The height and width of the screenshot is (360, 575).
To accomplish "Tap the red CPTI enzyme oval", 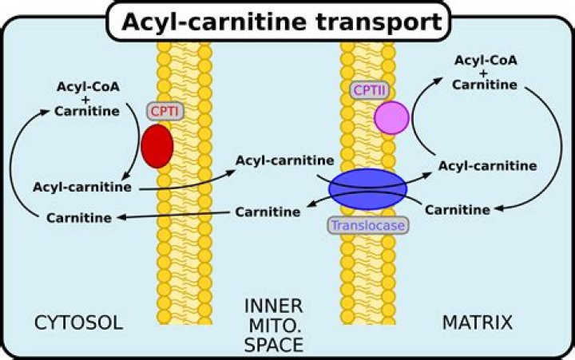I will (x=157, y=145).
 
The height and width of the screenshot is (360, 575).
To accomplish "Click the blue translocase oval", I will (x=367, y=188).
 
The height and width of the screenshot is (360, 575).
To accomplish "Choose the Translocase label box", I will (x=367, y=226).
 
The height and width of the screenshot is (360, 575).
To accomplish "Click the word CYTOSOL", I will (x=78, y=323).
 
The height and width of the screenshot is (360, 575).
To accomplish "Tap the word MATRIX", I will (x=477, y=323).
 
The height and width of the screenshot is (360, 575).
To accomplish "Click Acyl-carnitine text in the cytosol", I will (x=82, y=187).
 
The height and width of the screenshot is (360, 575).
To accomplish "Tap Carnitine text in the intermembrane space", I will (x=268, y=212).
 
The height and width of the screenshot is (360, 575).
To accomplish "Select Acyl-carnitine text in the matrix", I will (x=487, y=166).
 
